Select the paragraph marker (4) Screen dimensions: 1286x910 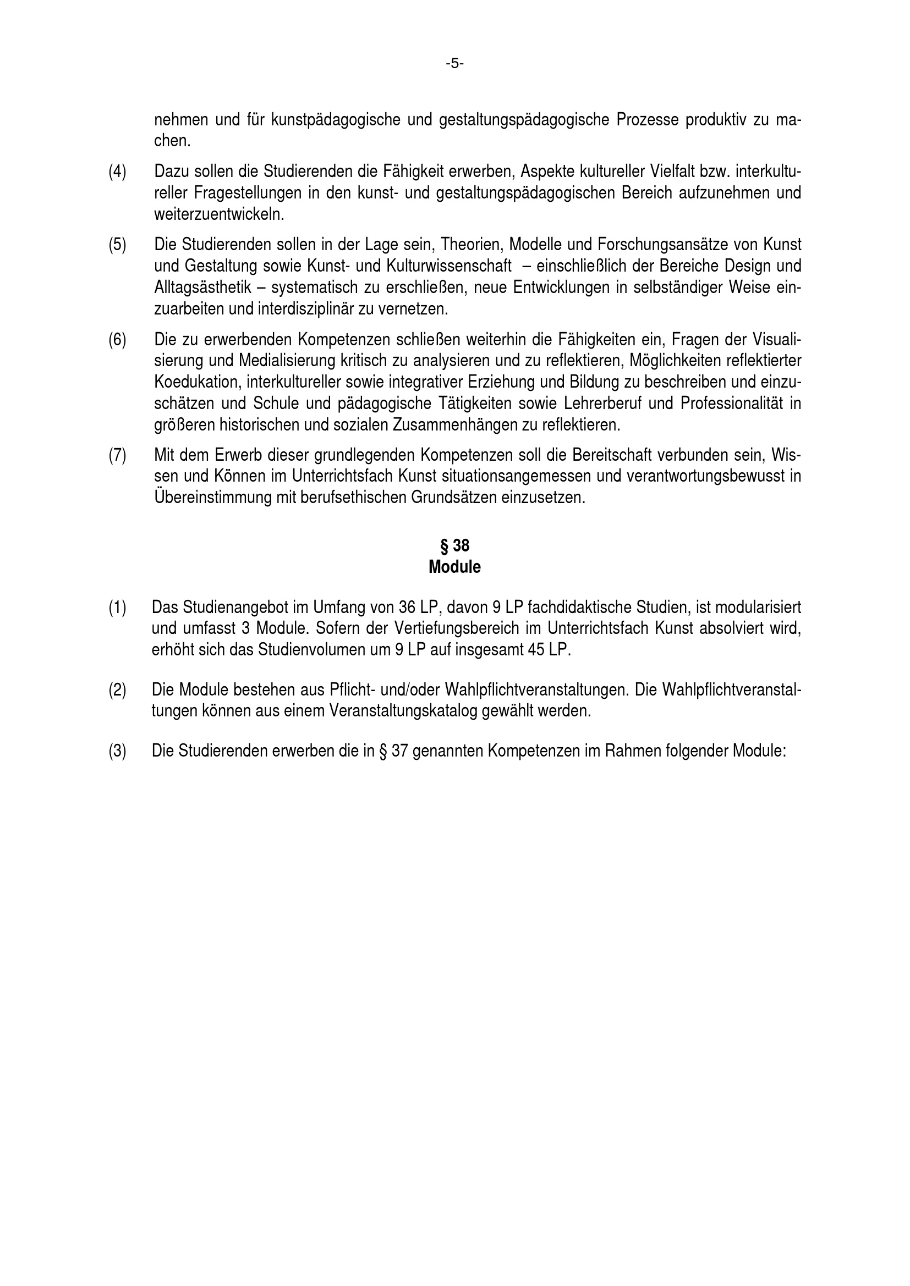point(117,172)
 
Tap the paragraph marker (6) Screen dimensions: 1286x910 point(117,339)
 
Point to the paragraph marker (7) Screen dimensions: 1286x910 point(117,455)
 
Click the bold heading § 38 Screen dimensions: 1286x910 point(454,545)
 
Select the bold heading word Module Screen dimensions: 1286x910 point(454,567)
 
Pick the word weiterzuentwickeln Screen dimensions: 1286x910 point(219,214)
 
